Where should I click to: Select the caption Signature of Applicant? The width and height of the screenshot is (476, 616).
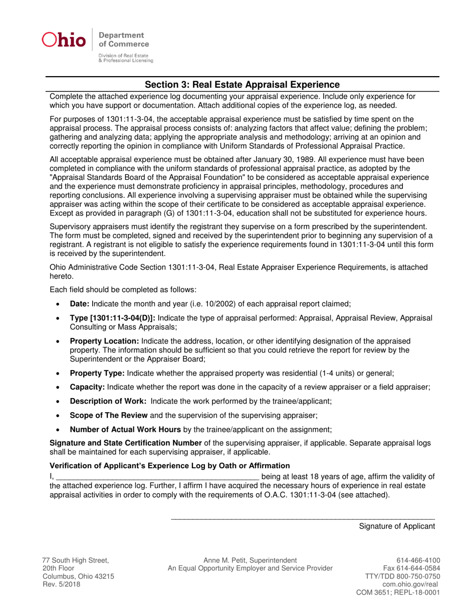(396, 526)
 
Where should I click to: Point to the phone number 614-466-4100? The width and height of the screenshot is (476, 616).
(418, 560)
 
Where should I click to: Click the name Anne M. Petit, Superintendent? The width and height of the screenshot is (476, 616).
(250, 560)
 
